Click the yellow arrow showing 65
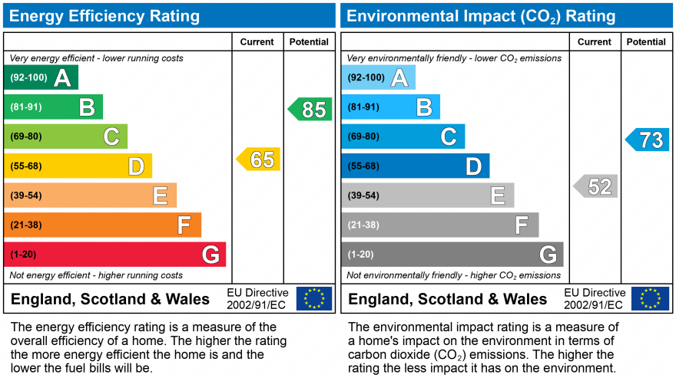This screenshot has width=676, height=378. [259, 159]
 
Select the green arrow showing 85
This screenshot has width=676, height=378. [310, 110]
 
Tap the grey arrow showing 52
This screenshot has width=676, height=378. [596, 186]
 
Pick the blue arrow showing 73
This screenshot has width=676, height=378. [648, 140]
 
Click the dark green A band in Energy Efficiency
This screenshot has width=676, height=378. [41, 77]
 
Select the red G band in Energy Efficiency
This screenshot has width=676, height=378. [115, 255]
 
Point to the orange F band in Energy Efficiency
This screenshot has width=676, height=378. [102, 225]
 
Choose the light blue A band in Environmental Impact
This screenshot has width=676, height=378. [378, 77]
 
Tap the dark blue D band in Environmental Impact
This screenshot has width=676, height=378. [415, 166]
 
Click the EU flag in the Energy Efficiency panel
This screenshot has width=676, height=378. [314, 298]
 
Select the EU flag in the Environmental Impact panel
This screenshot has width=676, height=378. [650, 298]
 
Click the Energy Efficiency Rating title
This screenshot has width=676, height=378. [104, 16]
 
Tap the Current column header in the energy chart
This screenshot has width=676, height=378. [257, 42]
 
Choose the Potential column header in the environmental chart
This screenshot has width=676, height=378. [646, 42]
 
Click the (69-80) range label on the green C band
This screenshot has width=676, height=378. [25, 136]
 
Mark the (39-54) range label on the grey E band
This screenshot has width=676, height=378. [363, 196]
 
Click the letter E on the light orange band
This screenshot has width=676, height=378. [160, 196]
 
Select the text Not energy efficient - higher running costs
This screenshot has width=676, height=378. [96, 275]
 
